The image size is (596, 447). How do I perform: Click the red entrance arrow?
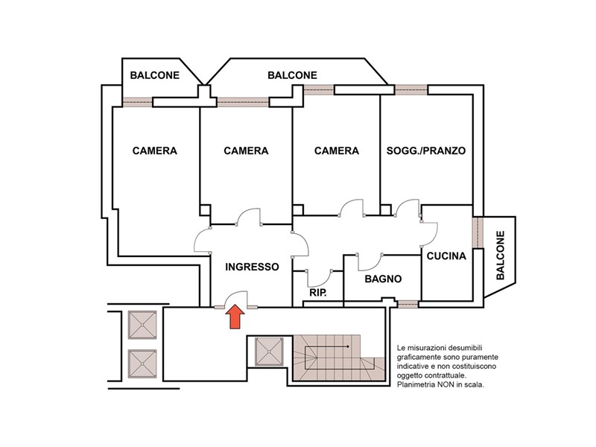[235, 316]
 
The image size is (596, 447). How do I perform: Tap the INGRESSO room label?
[252, 267]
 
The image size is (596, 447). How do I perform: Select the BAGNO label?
[383, 279]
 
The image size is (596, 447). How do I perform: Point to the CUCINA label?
[446, 256]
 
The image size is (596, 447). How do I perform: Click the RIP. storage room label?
[318, 293]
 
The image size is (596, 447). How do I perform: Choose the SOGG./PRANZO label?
[426, 151]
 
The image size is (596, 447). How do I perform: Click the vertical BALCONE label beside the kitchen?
[501, 255]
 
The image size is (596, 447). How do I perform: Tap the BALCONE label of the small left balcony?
[155, 75]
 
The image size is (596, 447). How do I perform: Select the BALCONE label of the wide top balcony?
[292, 75]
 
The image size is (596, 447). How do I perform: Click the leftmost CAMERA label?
[155, 151]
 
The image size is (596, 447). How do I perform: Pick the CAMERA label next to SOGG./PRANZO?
[337, 151]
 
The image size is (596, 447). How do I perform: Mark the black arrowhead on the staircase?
[347, 346]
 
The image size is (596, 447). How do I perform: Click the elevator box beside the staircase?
[269, 352]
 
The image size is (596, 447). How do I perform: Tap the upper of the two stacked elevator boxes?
[142, 325]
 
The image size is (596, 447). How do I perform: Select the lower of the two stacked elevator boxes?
[142, 364]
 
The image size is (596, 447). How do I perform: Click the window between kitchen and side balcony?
[478, 232]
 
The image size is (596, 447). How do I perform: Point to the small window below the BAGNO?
[408, 304]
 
